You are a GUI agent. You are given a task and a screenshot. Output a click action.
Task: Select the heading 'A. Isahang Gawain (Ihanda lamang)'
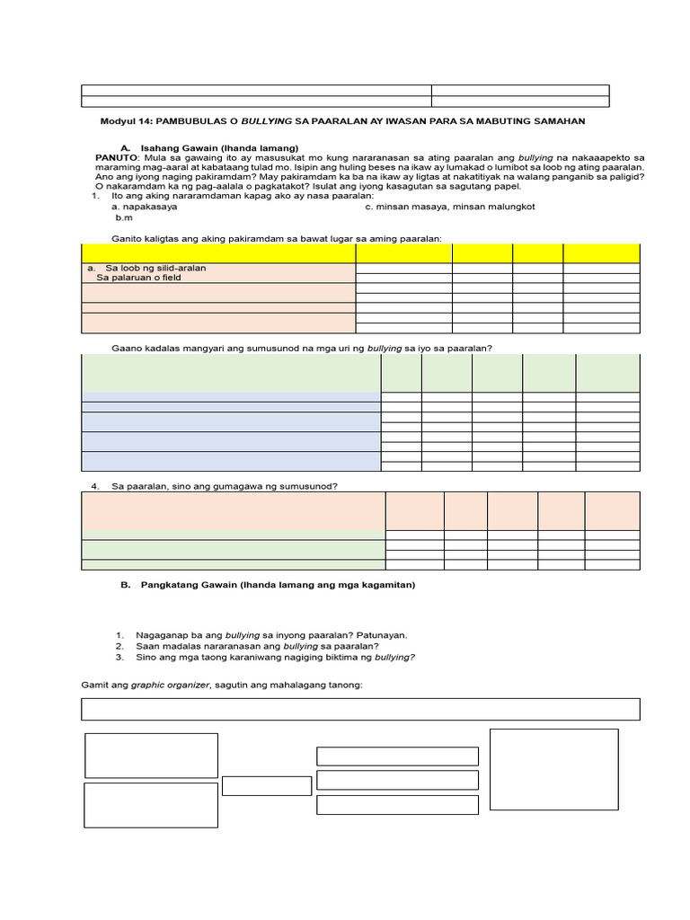point(209,147)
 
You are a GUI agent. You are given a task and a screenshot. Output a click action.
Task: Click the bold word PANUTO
point(115,157)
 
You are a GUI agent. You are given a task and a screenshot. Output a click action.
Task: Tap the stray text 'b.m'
point(123,218)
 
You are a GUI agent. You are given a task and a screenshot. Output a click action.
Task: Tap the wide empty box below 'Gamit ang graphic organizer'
point(360,709)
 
